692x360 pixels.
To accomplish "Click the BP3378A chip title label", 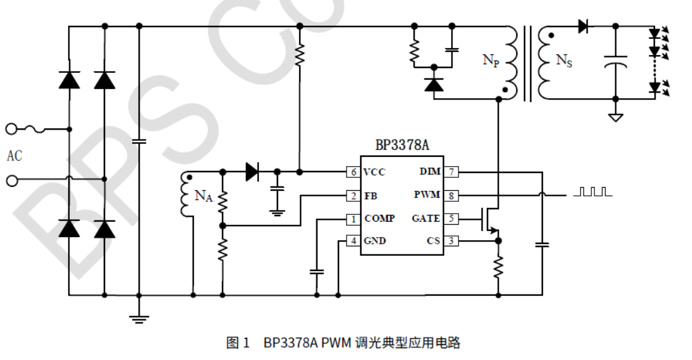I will point(402,146).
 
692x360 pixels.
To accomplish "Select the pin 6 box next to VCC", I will point(353,172).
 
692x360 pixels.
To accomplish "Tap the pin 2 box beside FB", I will point(353,196).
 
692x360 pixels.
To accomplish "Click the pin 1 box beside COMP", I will point(353,219).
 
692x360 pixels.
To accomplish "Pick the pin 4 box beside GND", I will point(353,241).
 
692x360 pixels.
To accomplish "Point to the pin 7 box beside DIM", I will point(451,172).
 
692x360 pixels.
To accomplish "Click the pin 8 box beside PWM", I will point(451,195).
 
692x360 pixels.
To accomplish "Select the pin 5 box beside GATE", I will point(451,219).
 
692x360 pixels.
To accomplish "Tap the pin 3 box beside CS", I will point(451,241).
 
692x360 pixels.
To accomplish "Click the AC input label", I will point(14,156).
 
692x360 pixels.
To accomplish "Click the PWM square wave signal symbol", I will point(593,192).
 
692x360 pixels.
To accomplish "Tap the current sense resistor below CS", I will point(498,267).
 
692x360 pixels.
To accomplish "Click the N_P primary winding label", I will point(491,61).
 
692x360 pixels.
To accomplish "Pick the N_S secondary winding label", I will point(563,61).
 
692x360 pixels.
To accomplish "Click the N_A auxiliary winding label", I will point(203,196).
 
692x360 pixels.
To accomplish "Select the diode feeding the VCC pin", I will point(252,172).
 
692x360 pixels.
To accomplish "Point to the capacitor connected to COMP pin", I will point(316,271).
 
